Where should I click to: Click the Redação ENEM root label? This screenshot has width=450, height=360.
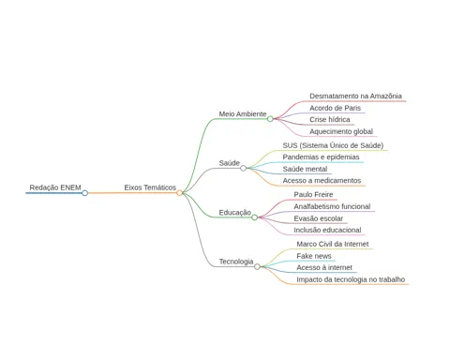pos(55,187)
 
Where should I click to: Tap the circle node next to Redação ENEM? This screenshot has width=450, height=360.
pos(84,193)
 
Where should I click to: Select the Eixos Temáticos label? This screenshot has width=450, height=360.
pos(150,187)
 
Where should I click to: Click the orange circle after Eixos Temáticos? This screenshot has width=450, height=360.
pos(179,193)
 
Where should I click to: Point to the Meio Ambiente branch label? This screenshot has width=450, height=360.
pos(243,113)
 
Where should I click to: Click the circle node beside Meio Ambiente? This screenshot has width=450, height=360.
pos(270,119)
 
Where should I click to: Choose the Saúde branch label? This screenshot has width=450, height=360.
pos(230,163)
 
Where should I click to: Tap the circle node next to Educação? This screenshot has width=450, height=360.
pos(255,217)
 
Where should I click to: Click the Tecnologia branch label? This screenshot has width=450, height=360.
pos(236,262)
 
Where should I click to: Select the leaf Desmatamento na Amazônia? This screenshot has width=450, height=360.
pos(355,96)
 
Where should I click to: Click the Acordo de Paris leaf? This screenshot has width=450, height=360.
pos(335,108)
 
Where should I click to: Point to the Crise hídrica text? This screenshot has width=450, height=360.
pos(330,120)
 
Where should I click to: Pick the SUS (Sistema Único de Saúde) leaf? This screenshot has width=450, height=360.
pos(333,145)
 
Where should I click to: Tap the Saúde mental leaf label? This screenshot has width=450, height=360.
pos(305,169)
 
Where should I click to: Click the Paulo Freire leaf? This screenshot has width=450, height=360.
pos(313,194)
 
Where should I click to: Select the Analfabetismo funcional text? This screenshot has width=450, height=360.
pos(332,206)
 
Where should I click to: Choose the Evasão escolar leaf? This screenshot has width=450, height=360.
pos(319,218)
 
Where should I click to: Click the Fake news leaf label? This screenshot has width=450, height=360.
pos(314,256)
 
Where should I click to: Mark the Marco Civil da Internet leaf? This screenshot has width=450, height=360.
pos(333,244)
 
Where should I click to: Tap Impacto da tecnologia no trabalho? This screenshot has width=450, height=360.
pos(351,279)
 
